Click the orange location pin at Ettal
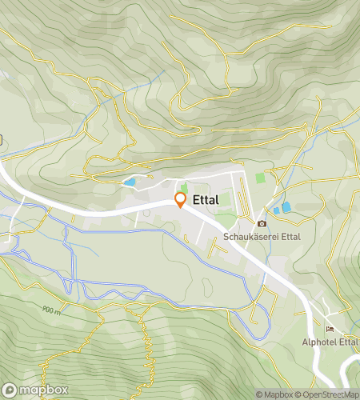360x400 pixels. pos(180,199)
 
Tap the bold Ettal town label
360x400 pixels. pos(206,200)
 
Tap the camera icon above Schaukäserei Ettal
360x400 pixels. pos(262,223)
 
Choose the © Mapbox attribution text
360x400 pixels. pos(275,394)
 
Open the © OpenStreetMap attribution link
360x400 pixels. pos(328,394)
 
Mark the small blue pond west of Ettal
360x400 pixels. pos(129,182)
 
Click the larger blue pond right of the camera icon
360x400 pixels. pos(286,207)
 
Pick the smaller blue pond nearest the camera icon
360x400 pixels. pos(276,210)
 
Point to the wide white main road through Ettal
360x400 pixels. pos(96,211)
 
